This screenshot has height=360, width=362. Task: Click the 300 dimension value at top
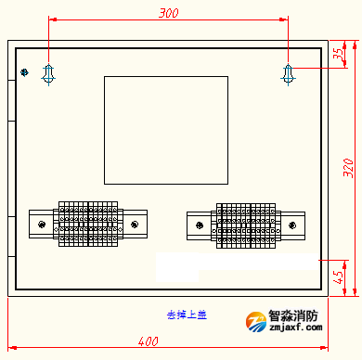coord(168,13)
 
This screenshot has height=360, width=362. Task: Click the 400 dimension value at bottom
coord(147,341)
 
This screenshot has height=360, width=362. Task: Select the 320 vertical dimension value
coord(348,167)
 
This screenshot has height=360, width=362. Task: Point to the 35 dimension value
coord(337,54)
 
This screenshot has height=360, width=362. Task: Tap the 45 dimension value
coord(338,276)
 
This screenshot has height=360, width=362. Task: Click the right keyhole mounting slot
coord(289,73)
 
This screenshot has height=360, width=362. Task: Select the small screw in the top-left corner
coord(24,71)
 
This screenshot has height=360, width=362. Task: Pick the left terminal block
coord(88,224)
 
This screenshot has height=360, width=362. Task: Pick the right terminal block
coord(246,225)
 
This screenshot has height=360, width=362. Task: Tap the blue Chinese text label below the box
coord(187,315)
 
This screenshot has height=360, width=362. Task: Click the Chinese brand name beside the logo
coord(293,315)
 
